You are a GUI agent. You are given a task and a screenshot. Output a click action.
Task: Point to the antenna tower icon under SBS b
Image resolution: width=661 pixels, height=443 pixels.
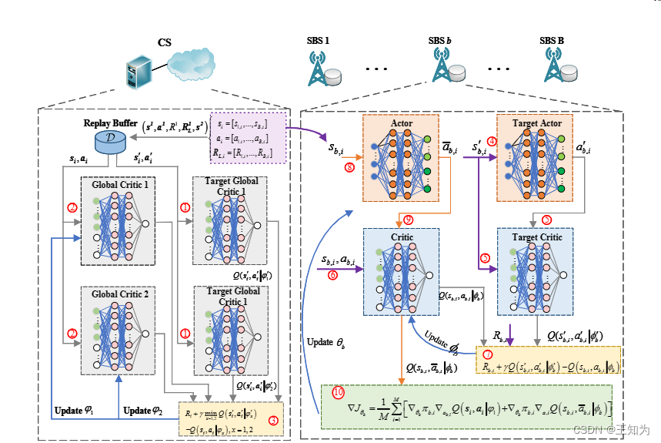tap(441, 68)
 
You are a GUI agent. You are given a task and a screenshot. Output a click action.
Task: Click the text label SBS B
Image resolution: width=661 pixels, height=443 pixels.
tap(551, 40)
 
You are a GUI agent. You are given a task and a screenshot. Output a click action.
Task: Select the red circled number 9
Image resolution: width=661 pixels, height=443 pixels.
tap(409, 220)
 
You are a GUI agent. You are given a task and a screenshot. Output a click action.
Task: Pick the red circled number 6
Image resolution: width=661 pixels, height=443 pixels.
tap(332, 274)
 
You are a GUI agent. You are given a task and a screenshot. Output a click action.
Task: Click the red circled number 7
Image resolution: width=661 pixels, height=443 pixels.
tap(488, 355)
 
